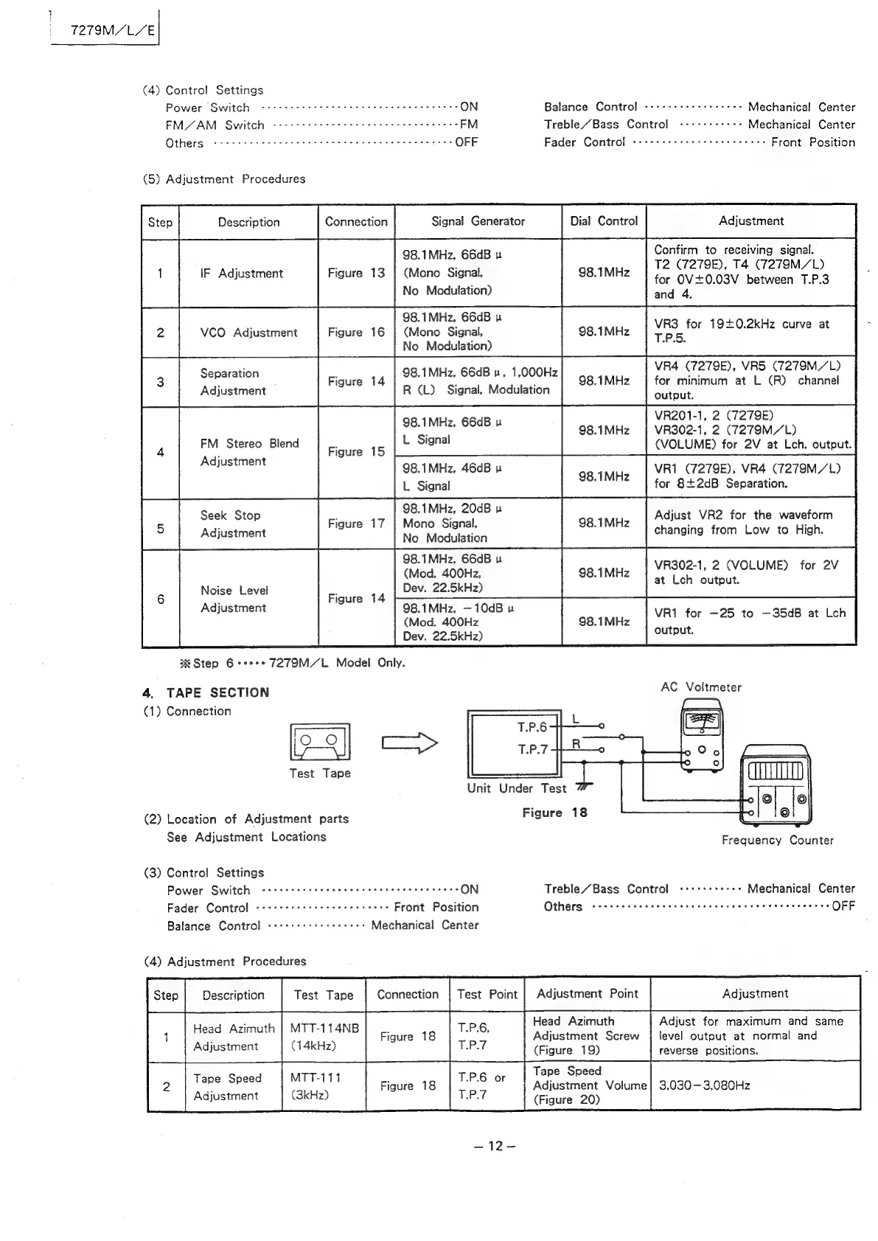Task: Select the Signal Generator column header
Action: click(x=478, y=221)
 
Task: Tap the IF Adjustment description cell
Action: click(x=241, y=274)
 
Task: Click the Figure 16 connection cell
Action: click(x=356, y=333)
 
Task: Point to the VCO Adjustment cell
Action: click(x=248, y=333)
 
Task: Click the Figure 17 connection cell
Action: click(x=356, y=524)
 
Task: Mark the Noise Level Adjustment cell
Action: click(x=234, y=599)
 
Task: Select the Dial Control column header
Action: click(x=604, y=221)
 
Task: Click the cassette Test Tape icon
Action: click(x=321, y=742)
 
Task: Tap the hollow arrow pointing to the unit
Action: click(x=409, y=743)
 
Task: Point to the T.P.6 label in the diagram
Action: click(x=532, y=727)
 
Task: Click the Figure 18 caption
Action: click(x=554, y=813)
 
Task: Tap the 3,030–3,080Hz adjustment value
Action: click(x=704, y=1085)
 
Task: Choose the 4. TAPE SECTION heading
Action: click(x=206, y=692)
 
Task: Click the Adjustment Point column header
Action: click(x=587, y=993)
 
